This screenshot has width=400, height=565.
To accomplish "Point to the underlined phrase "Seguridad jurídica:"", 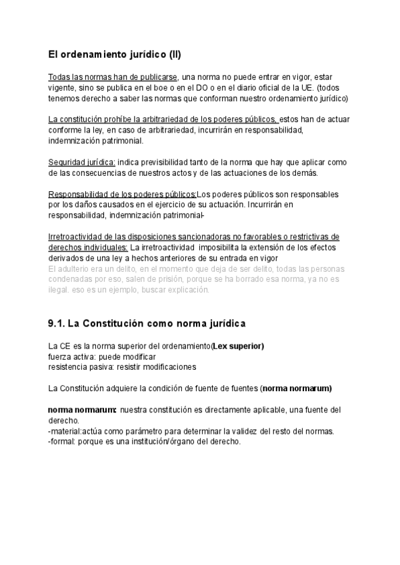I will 82,163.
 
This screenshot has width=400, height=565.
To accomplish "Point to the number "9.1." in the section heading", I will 57,324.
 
